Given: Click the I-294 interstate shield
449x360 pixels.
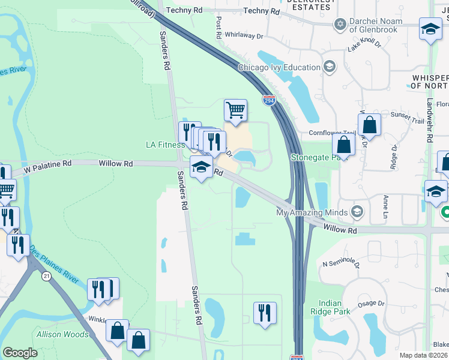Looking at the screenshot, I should click(x=269, y=101).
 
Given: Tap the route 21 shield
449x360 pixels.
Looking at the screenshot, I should click(x=46, y=275).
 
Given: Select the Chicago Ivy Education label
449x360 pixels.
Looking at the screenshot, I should click(x=279, y=67).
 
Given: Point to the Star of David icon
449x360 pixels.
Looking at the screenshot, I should click(x=341, y=24).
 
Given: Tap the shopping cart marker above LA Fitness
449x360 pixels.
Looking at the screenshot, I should click(x=235, y=110).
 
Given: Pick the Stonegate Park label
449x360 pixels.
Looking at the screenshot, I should click(x=310, y=158).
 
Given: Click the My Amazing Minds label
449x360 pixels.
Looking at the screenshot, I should click(x=312, y=212).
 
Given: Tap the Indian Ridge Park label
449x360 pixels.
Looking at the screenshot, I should click(x=330, y=307).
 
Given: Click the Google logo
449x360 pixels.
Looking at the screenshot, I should click(x=20, y=353).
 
